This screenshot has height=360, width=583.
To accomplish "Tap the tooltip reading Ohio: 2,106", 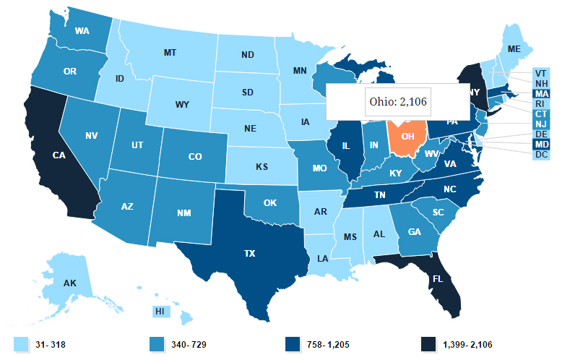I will [x=398, y=102].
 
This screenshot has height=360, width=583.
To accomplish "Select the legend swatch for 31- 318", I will [x=20, y=344].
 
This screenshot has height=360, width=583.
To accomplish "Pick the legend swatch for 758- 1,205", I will [x=292, y=344].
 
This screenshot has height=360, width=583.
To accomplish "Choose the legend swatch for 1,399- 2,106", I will [x=430, y=344].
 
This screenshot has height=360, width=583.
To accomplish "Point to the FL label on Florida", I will [x=437, y=277].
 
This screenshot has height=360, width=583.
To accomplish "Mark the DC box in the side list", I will [x=541, y=154].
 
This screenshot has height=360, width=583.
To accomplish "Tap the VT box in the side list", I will [x=541, y=73].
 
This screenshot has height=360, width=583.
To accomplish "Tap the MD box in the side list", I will [x=541, y=144].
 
